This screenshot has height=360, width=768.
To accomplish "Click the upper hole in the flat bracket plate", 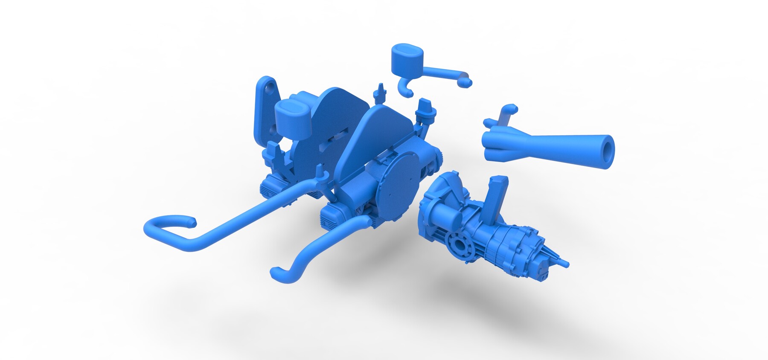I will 269,87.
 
